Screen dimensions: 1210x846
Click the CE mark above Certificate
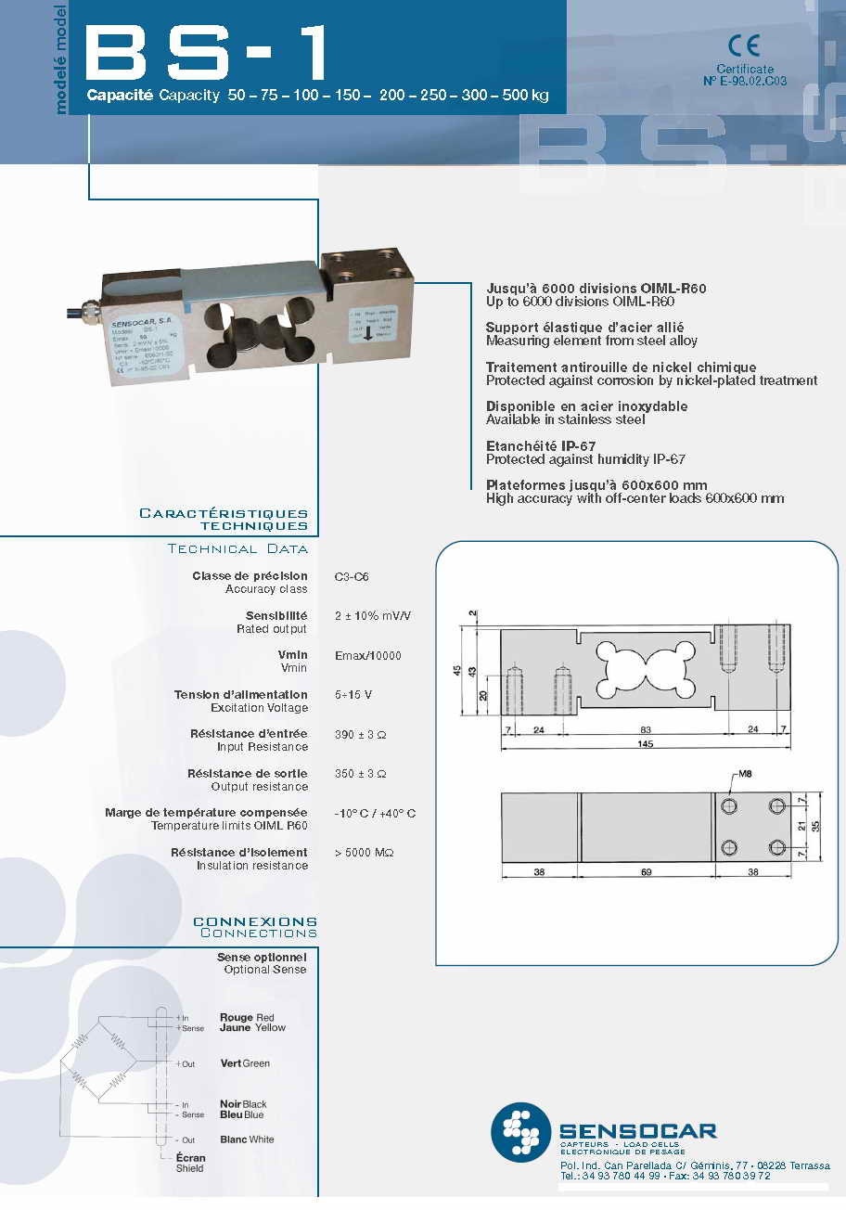click(744, 46)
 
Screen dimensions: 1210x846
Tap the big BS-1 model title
click(207, 53)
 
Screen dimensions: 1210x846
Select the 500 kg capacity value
click(525, 96)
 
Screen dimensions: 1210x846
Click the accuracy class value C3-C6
click(352, 576)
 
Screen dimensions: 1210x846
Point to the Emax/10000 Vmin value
click(367, 656)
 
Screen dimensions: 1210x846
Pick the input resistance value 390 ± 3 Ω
click(360, 734)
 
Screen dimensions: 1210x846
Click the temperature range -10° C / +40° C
click(375, 813)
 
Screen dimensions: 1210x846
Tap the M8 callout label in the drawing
click(744, 774)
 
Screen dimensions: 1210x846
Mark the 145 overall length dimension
click(646, 744)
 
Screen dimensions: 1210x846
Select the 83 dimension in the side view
click(646, 729)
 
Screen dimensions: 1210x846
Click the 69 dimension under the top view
click(646, 871)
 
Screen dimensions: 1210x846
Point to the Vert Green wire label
click(245, 1063)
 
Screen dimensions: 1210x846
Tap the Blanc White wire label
click(247, 1139)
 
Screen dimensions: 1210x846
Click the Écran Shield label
click(190, 1163)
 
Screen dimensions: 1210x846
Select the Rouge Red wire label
click(247, 1018)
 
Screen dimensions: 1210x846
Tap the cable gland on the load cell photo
click(91, 307)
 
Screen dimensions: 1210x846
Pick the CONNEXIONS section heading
click(254, 921)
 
